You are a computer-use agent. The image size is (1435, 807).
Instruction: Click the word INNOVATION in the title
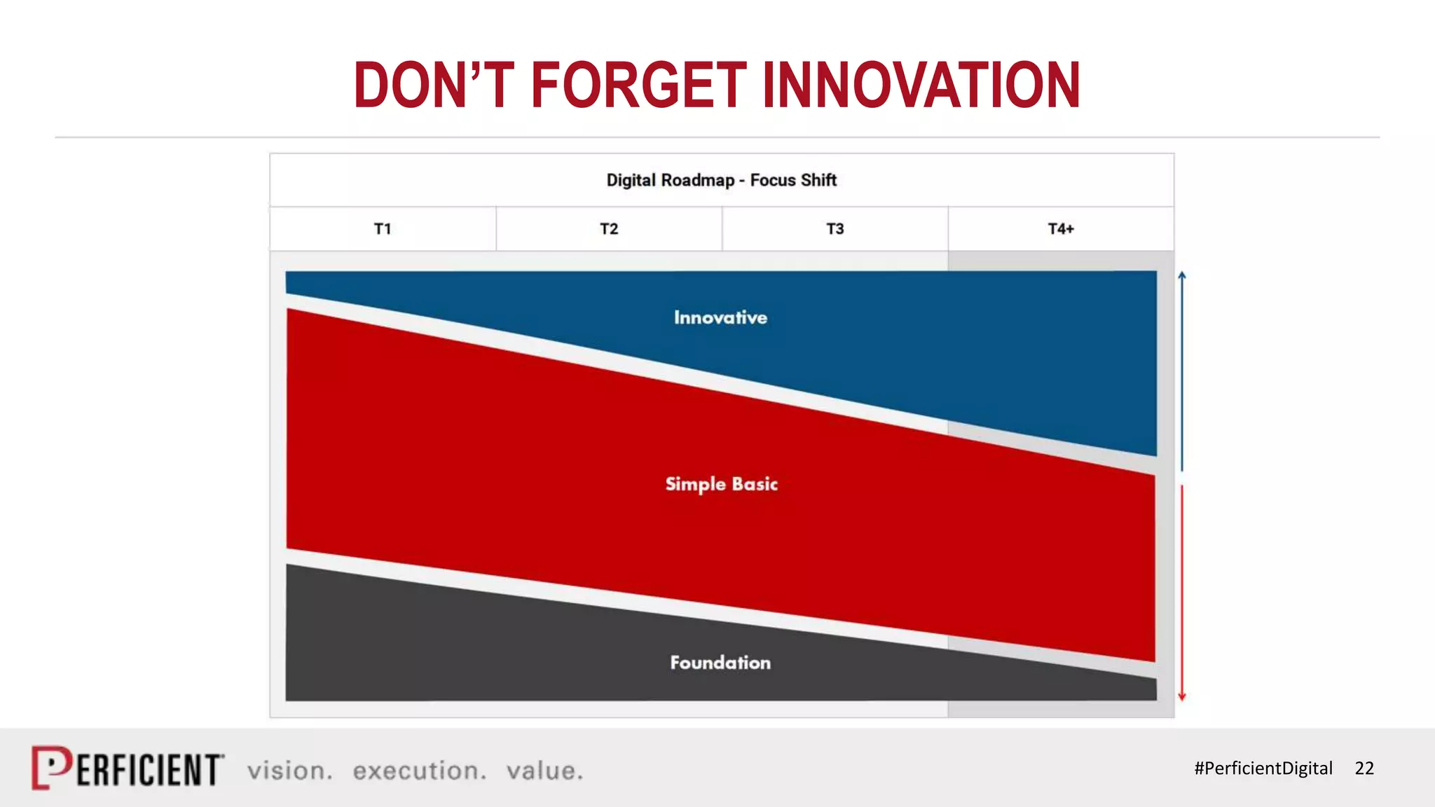click(x=921, y=85)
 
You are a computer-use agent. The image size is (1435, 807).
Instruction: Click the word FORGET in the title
click(x=638, y=85)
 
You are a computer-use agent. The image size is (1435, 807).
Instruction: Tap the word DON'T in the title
click(x=434, y=85)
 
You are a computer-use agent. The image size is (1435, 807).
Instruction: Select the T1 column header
click(x=383, y=229)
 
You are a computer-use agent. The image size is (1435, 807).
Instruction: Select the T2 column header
click(x=609, y=229)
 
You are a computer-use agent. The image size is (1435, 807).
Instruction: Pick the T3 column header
click(x=835, y=229)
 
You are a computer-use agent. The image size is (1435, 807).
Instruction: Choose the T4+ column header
click(x=1061, y=229)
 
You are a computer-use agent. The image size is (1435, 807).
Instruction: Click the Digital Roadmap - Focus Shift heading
click(x=721, y=181)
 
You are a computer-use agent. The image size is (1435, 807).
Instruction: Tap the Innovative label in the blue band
click(x=720, y=318)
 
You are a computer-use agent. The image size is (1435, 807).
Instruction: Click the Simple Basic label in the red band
click(x=721, y=484)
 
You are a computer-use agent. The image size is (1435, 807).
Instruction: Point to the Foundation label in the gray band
click(x=720, y=663)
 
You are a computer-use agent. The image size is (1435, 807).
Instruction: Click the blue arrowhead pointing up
click(x=1182, y=275)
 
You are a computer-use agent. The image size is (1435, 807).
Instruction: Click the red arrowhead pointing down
click(x=1182, y=696)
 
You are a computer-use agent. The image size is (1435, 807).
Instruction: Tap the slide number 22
click(x=1364, y=768)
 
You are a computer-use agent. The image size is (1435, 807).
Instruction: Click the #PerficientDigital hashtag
click(x=1263, y=768)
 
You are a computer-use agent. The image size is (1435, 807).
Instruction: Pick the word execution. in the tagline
click(x=419, y=771)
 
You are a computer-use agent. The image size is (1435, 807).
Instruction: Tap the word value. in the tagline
click(x=544, y=771)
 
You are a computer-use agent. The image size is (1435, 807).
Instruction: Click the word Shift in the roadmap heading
click(x=818, y=181)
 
